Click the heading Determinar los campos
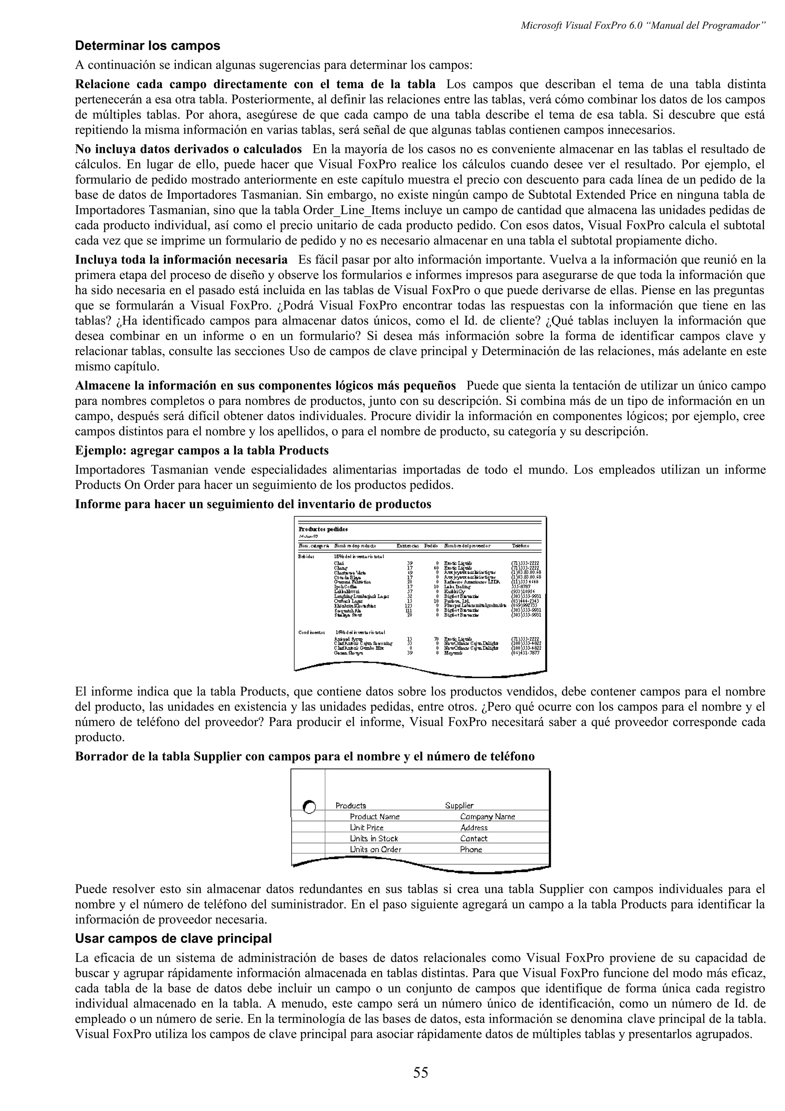pyautogui.click(x=148, y=46)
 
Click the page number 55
pyautogui.click(x=420, y=1073)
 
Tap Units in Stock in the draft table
pyautogui.click(x=374, y=838)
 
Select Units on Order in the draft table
pyautogui.click(x=375, y=849)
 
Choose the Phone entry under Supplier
pyautogui.click(x=471, y=849)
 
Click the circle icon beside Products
pyautogui.click(x=309, y=807)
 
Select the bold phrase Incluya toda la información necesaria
pyautogui.click(x=181, y=260)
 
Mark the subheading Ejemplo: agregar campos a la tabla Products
pyautogui.click(x=202, y=450)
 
